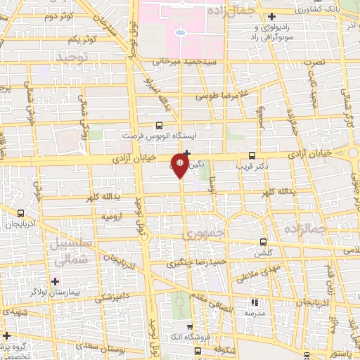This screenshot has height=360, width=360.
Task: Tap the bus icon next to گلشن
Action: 263,240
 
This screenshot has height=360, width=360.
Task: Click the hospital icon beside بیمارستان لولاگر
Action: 55,281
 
